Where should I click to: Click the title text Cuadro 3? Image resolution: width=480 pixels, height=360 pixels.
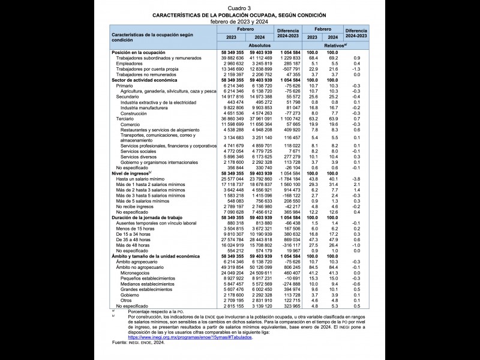[239, 7]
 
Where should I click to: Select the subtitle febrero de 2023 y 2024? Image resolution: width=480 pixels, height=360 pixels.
[239, 21]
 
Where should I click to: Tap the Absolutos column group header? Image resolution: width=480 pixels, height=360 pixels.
[259, 46]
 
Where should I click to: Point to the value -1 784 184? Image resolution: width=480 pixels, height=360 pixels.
[286, 178]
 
